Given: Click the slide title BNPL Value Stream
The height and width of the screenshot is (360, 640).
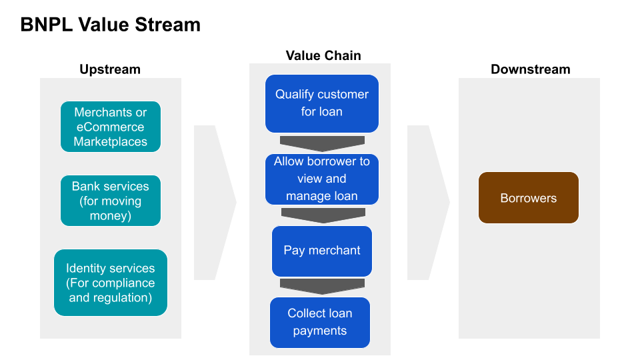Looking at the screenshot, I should tap(110, 25).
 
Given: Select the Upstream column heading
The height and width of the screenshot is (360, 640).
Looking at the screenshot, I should tap(110, 69).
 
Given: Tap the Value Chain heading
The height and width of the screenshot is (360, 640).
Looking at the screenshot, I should tap(323, 55).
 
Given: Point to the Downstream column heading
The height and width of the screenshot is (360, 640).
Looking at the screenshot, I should tap(530, 69).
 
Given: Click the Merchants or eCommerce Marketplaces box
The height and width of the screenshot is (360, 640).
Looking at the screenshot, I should tap(110, 127).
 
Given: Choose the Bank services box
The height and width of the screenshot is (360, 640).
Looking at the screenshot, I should tap(110, 201).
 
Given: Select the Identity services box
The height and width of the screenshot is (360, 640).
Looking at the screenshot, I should tap(110, 283).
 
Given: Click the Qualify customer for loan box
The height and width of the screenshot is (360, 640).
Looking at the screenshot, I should tap(321, 103).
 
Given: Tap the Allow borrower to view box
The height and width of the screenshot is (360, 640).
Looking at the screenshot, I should tap(321, 179).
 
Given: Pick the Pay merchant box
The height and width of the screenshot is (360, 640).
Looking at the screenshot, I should tap(321, 251).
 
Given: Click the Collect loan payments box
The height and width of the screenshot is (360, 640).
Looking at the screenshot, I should tap(319, 322).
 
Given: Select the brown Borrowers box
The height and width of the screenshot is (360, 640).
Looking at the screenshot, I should tap(528, 198).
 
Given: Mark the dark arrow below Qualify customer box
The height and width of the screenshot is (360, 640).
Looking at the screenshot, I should tap(322, 143).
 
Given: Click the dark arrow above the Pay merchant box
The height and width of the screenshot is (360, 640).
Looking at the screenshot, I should tap(323, 215).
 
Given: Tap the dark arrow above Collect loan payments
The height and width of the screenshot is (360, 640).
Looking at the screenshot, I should tap(322, 286).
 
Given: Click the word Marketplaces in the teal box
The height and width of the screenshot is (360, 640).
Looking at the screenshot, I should tap(110, 141).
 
